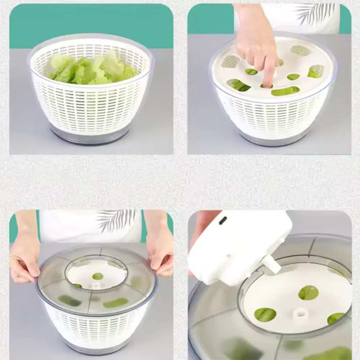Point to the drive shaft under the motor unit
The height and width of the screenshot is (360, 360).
click(271, 264)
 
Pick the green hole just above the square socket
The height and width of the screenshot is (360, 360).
click(308, 292)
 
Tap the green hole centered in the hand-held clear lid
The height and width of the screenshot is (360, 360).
click(98, 276)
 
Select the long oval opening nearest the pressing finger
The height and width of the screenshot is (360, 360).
click(285, 91)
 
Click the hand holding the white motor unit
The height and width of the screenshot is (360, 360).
click(202, 227)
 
